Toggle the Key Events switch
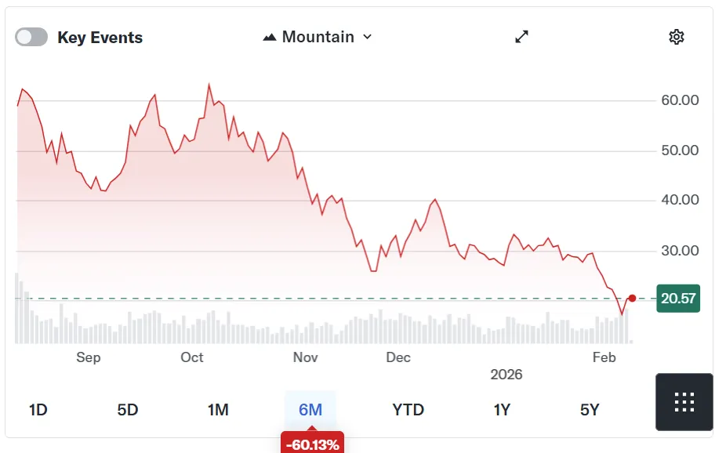31,38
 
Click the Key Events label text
100,38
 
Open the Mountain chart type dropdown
318,37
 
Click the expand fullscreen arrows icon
522,37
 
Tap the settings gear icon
677,37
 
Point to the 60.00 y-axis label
680,100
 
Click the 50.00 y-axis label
680,150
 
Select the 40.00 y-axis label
680,201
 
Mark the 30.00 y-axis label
680,251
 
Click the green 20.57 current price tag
678,299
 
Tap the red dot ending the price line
633,298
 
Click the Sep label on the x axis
89,357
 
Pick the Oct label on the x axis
192,357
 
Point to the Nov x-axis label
305,357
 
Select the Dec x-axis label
398,357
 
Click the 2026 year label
506,375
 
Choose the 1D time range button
38,410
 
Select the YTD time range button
408,410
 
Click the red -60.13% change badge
312,444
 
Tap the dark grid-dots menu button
684,401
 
